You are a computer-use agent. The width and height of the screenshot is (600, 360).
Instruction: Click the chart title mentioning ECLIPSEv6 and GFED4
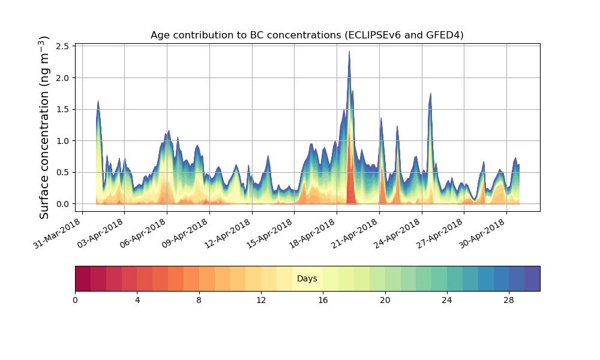coord(307,35)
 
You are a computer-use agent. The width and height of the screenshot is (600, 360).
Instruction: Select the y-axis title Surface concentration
coord(44,127)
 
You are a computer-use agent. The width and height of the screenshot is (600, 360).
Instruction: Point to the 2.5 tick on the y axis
coord(63,46)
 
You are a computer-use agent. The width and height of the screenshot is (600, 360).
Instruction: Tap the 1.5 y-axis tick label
coord(63,109)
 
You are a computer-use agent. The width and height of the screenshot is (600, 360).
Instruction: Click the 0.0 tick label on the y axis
coord(63,204)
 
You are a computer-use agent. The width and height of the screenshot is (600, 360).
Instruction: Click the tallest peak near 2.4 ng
coord(349,52)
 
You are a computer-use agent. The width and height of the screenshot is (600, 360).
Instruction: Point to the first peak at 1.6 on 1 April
coord(98,101)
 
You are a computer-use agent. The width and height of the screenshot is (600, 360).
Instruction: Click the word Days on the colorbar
coord(307,279)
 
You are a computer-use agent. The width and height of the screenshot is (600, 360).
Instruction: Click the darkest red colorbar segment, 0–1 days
coord(83,279)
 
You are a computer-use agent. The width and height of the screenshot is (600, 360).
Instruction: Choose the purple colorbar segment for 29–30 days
coord(532,279)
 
